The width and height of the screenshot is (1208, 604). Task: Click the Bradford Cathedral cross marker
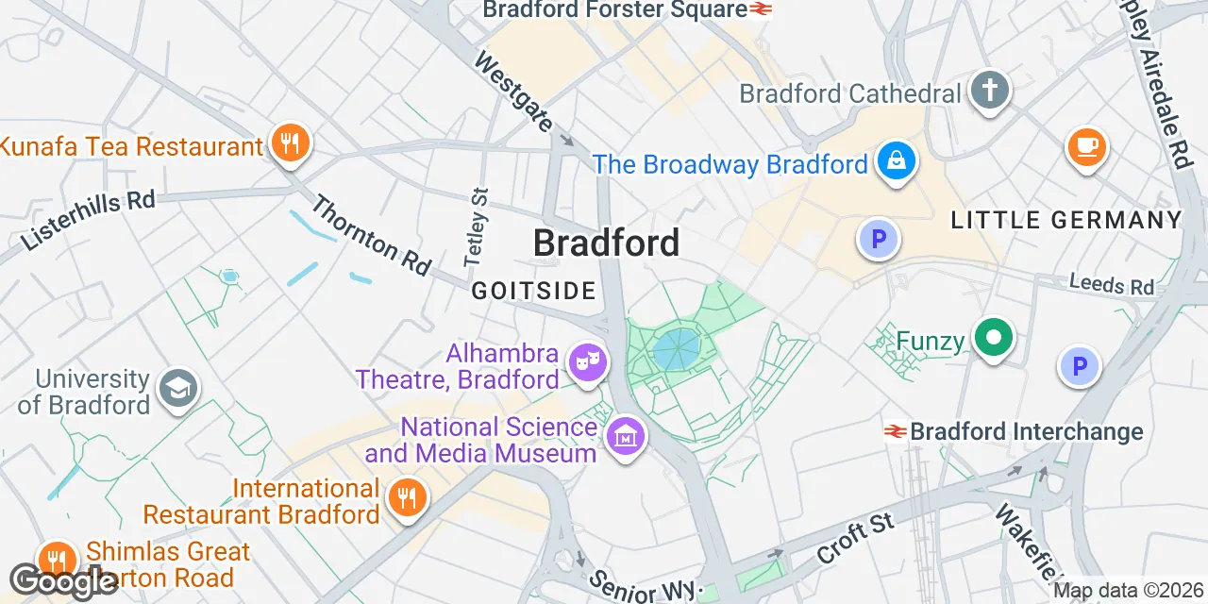(x=989, y=91)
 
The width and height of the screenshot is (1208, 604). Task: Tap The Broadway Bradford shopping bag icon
(x=892, y=161)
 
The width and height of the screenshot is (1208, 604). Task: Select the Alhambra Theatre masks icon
(x=587, y=362)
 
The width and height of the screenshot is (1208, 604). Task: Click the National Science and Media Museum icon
(x=624, y=436)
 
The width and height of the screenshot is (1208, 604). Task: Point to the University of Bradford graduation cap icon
(x=177, y=389)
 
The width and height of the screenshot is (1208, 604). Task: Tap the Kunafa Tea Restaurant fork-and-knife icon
(x=290, y=143)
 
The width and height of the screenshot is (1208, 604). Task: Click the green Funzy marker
(x=993, y=338)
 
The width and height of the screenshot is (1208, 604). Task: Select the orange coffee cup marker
(x=1086, y=146)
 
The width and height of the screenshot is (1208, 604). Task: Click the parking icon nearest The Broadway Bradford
(x=879, y=239)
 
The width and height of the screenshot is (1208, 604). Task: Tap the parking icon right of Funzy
(x=1080, y=365)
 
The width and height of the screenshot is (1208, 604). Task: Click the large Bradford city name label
(x=606, y=243)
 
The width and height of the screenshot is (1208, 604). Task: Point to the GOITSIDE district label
(x=534, y=291)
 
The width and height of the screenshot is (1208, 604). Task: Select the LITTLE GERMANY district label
(x=1065, y=220)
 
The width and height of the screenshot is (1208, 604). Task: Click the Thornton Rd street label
(x=371, y=236)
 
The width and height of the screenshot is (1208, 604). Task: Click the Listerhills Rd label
(x=87, y=219)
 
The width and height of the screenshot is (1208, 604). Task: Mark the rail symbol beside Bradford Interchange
(x=895, y=431)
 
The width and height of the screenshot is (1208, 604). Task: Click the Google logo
(x=62, y=580)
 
